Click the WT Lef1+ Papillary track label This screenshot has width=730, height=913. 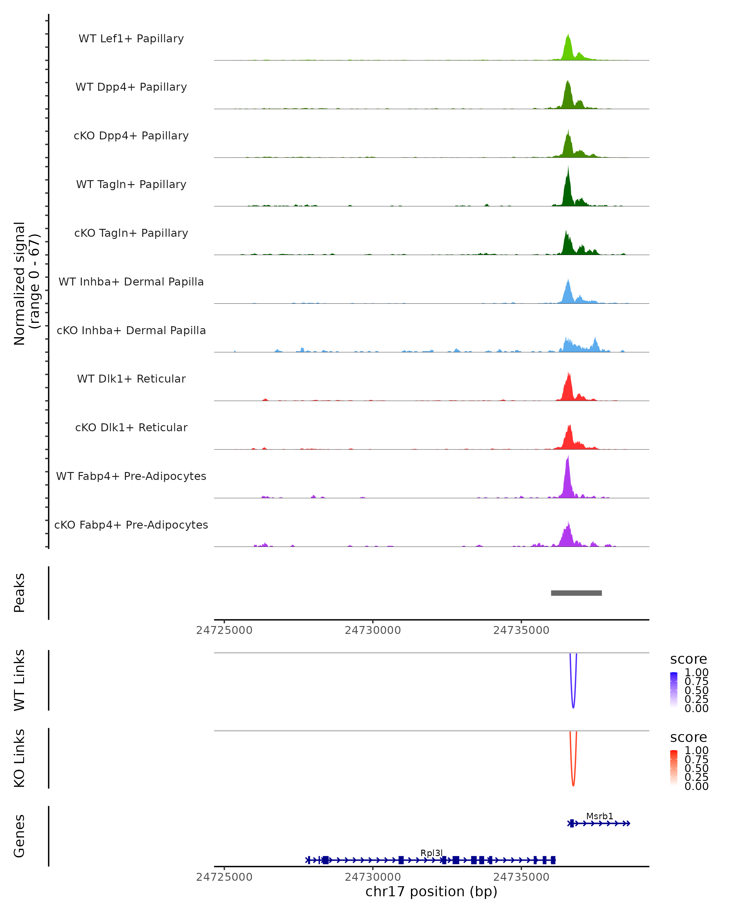(131, 39)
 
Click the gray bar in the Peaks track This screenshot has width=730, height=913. (576, 593)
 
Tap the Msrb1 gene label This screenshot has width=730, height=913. (599, 816)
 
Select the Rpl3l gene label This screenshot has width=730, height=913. (431, 853)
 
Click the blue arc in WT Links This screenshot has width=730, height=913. (573, 703)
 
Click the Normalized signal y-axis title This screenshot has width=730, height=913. (26, 283)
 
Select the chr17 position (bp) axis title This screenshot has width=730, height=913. (431, 891)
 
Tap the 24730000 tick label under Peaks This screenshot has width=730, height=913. (372, 630)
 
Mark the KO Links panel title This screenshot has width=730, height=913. (19, 758)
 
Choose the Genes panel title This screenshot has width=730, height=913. (19, 836)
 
